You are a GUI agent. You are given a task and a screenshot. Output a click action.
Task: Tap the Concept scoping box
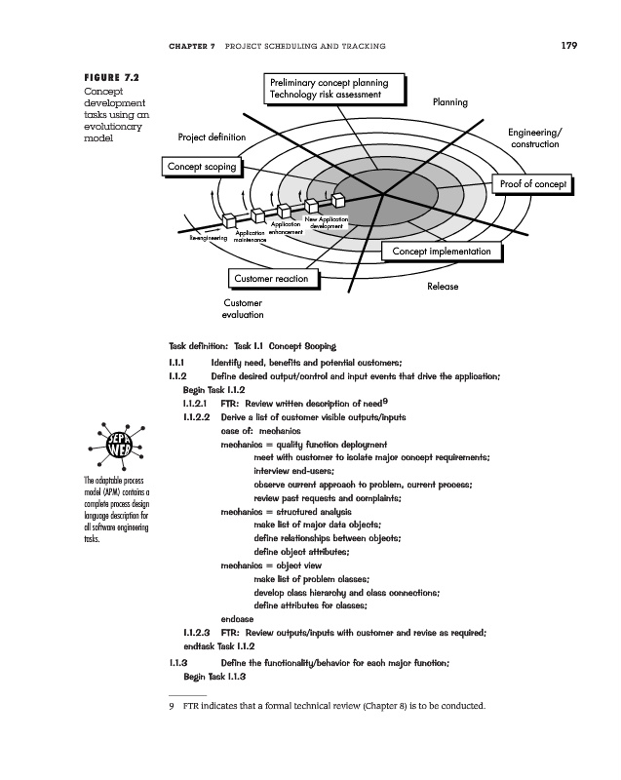click(201, 168)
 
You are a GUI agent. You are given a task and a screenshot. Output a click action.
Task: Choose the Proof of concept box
click(532, 184)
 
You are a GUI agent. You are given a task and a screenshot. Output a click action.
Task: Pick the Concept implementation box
click(441, 252)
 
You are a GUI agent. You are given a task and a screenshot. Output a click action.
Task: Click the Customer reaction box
click(271, 280)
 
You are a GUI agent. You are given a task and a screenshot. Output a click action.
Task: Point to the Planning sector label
click(449, 102)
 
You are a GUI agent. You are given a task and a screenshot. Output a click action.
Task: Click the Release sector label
click(443, 288)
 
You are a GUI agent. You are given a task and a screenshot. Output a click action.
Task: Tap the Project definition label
click(211, 137)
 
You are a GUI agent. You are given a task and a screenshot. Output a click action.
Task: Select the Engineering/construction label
click(535, 137)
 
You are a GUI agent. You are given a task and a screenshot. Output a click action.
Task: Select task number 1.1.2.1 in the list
click(196, 403)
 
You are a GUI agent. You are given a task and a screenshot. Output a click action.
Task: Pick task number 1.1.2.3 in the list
click(196, 633)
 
